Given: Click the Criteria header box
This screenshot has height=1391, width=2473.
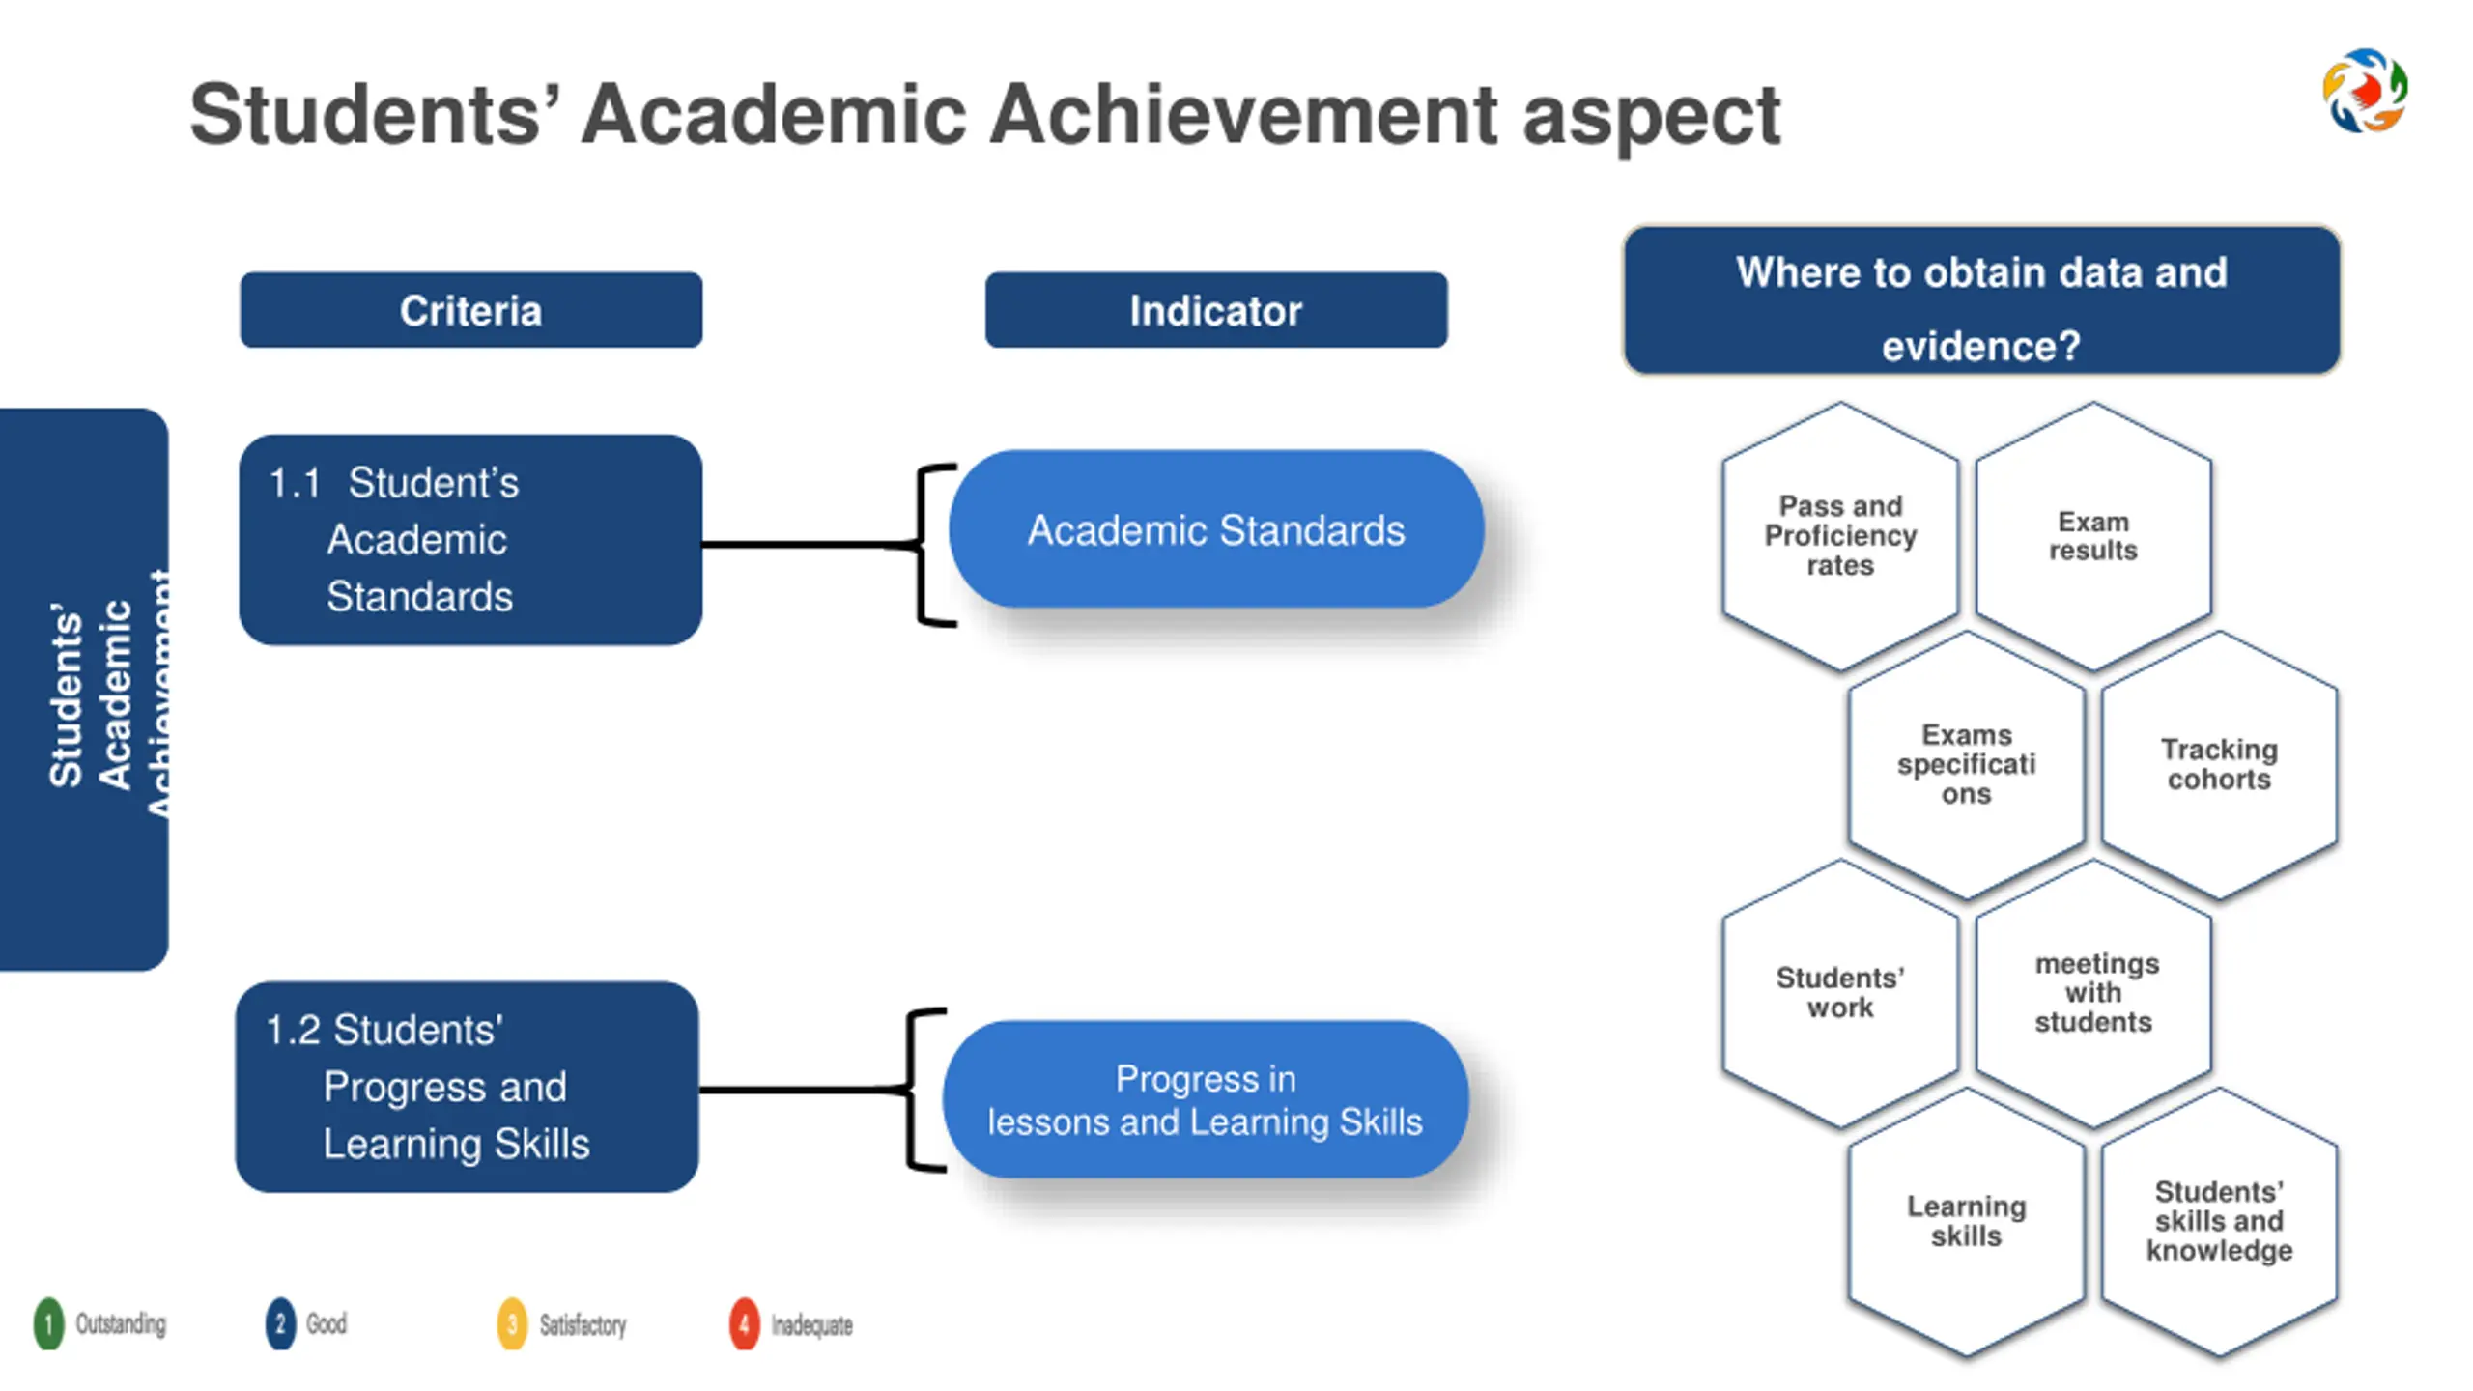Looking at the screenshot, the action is point(470,310).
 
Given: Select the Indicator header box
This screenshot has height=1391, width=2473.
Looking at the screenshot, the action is point(1215,310).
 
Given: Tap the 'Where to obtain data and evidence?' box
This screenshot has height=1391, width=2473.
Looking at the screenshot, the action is point(1980,300).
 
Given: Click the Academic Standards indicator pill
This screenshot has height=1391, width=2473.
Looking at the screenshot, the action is point(1215,529).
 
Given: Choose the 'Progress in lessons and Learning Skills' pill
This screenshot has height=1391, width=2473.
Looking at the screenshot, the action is point(1205,1099).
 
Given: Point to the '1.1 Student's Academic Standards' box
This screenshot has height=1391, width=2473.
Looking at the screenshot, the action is point(470,539).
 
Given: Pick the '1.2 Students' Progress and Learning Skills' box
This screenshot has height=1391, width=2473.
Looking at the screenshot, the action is point(467,1087).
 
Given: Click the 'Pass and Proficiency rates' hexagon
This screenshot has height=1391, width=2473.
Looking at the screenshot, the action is point(1840,536).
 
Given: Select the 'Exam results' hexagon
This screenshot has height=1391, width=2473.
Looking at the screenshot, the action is point(2093,536).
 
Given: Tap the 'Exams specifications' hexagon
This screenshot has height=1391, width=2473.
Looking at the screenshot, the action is point(1966,764).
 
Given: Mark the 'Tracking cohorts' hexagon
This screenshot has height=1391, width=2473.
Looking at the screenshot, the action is point(2219,764).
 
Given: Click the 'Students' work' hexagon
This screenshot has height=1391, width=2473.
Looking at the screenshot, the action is point(1840,992).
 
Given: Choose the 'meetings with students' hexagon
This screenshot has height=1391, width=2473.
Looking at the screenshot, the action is point(2093,992).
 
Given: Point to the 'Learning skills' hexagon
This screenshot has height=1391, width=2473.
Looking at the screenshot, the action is point(1966,1221).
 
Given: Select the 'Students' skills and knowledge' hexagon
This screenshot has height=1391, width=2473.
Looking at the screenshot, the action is point(2219,1221).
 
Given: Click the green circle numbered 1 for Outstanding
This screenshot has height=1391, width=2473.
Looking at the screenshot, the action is point(48,1323).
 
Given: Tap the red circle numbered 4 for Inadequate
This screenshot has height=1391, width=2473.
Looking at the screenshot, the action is point(744,1324).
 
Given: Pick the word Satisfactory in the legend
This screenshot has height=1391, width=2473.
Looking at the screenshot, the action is point(583,1324).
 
